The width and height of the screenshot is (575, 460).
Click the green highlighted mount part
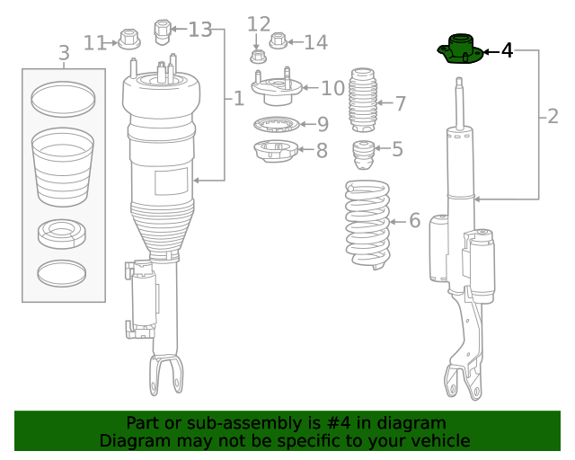tap(459, 51)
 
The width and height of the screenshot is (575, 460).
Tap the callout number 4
tap(507, 51)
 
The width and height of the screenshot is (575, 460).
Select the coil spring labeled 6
tap(368, 224)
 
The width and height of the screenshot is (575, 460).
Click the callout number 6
tap(414, 221)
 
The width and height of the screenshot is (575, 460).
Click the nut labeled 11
tap(128, 40)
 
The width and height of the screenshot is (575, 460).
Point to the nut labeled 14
tap(279, 41)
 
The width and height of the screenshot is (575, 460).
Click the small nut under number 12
tap(258, 57)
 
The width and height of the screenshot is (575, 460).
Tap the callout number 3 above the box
tap(64, 54)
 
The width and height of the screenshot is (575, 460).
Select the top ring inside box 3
tap(63, 99)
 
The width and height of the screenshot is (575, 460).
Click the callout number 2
tap(552, 116)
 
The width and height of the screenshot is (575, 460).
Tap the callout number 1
tap(238, 98)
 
